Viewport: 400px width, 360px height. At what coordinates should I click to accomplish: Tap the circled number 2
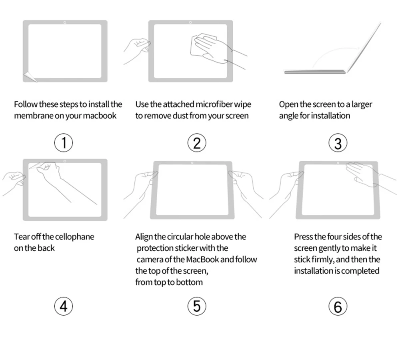(196, 143)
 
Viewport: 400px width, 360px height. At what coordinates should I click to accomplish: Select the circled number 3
(338, 143)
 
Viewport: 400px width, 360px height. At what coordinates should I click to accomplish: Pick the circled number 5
(196, 306)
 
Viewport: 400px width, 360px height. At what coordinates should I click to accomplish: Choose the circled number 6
(338, 306)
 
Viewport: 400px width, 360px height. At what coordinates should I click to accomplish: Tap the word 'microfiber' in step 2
(214, 104)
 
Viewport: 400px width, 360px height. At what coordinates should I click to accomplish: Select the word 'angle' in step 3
(288, 116)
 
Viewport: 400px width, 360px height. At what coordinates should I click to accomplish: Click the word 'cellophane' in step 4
(75, 237)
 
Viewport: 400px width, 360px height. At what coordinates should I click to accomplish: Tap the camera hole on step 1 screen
(65, 22)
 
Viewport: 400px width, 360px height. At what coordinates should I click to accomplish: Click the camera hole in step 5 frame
(193, 163)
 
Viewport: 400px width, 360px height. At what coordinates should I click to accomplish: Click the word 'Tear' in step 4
(21, 237)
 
